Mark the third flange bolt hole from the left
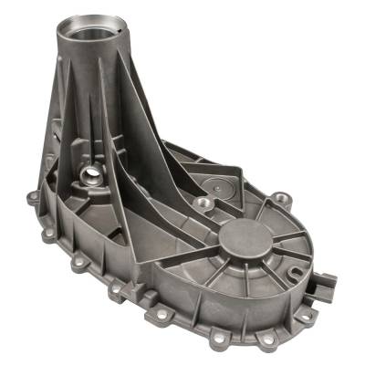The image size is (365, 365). tap(118, 290)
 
